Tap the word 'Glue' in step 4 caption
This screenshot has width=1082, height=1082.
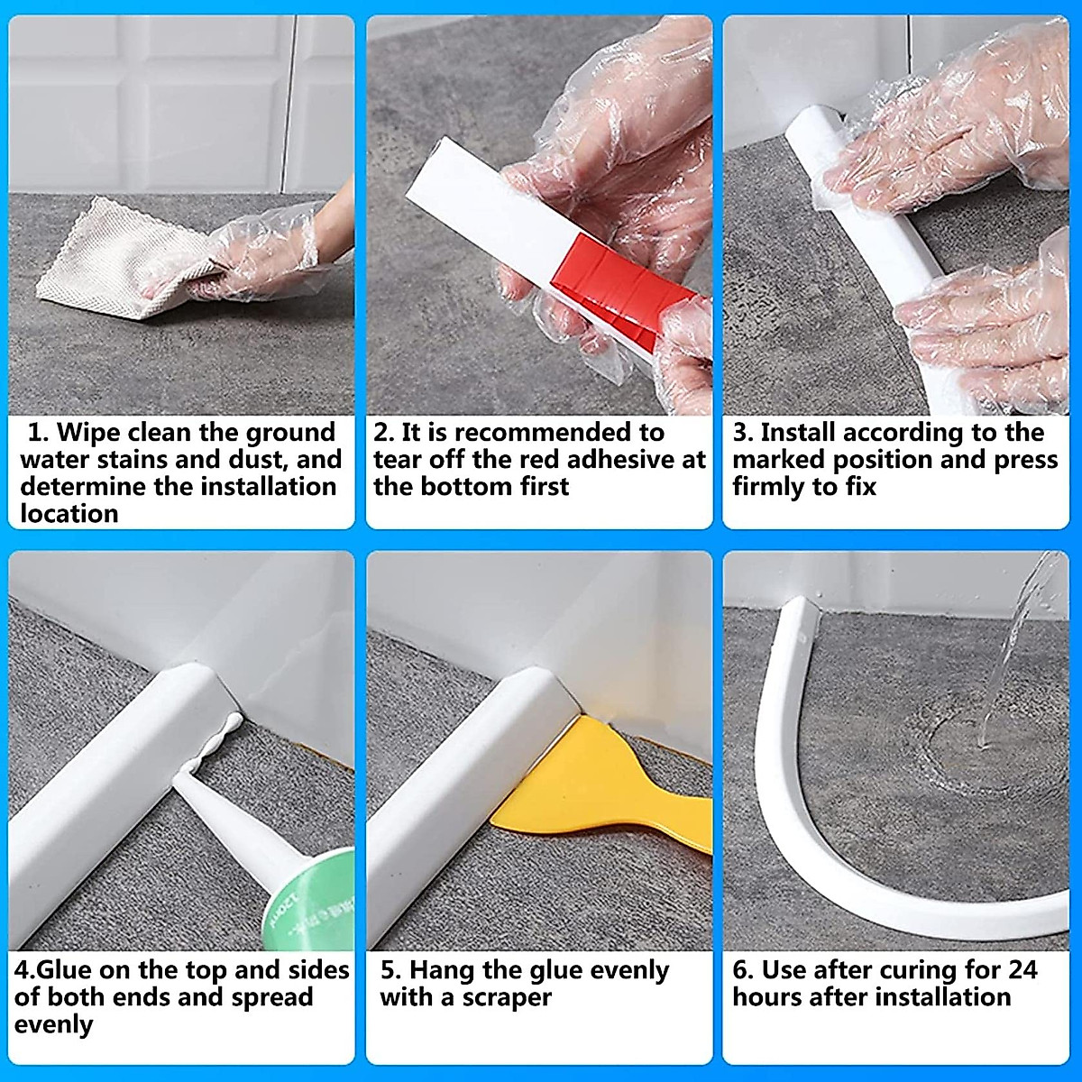pos(66,970)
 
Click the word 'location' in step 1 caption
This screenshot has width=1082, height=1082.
pos(69,514)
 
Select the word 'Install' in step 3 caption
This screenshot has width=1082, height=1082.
pos(798,433)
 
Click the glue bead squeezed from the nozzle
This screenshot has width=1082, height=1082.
pos(216,739)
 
